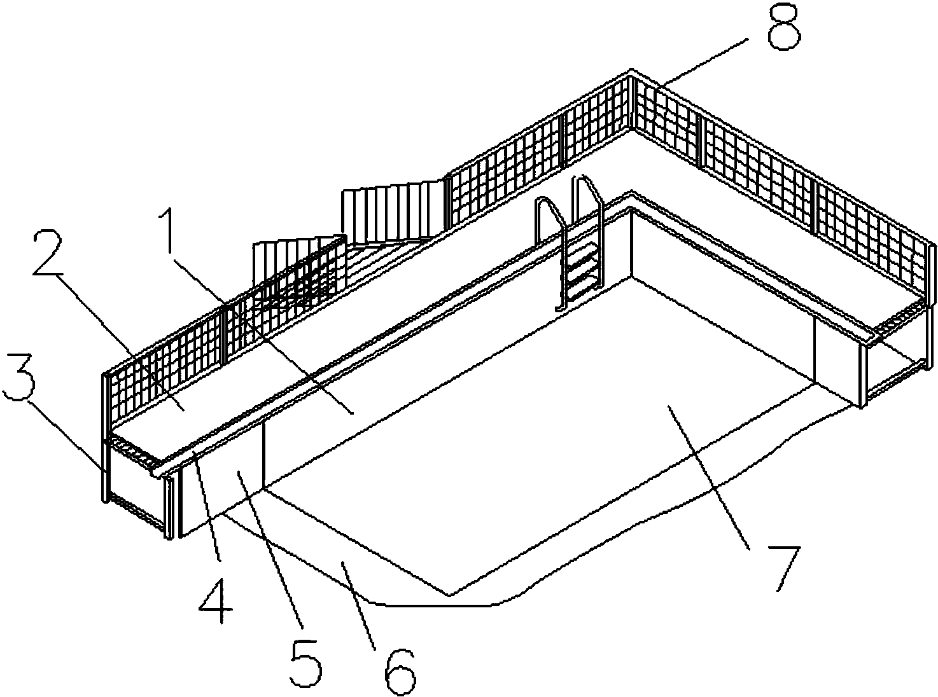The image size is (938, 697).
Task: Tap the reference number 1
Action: (x=169, y=232)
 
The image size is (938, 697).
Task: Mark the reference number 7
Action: (x=785, y=568)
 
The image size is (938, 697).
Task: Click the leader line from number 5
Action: (x=270, y=549)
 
